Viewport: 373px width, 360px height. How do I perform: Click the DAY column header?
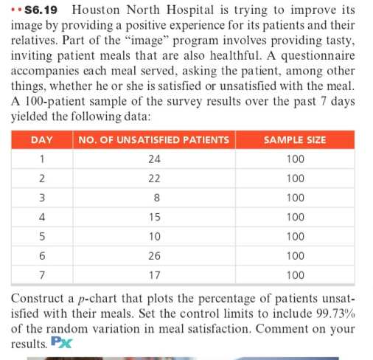point(44,140)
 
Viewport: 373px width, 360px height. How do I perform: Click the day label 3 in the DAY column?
point(44,198)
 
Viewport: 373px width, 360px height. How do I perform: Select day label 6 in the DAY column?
point(44,256)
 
